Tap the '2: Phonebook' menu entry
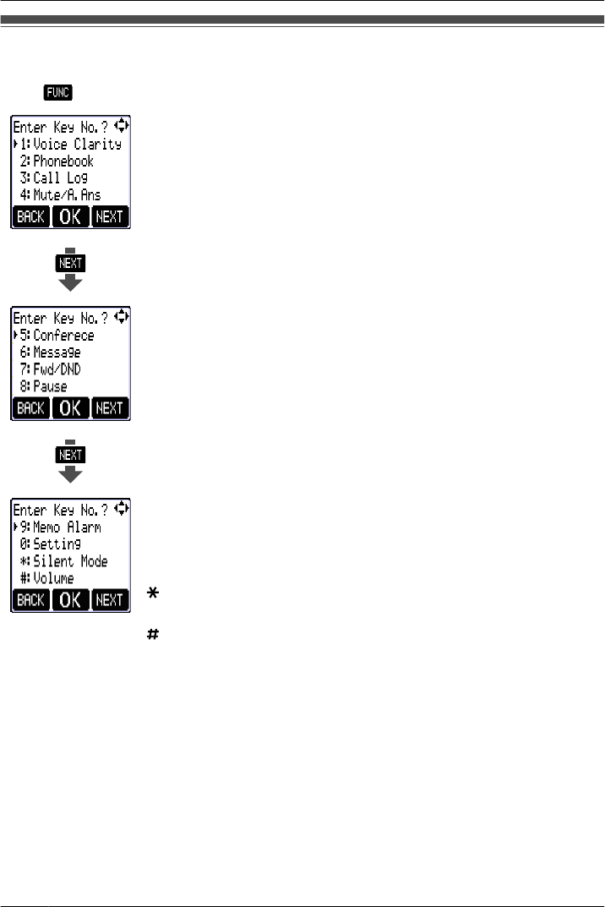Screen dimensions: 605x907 (57, 161)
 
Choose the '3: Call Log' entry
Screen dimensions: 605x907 (54, 178)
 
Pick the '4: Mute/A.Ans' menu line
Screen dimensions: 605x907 (61, 194)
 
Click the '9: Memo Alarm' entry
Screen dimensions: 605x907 (61, 527)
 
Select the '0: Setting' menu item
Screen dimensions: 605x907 (50, 544)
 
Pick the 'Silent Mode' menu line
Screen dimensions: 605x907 (64, 561)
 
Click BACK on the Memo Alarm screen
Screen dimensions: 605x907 (30, 600)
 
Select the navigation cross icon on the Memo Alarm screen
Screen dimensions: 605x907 (123, 508)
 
